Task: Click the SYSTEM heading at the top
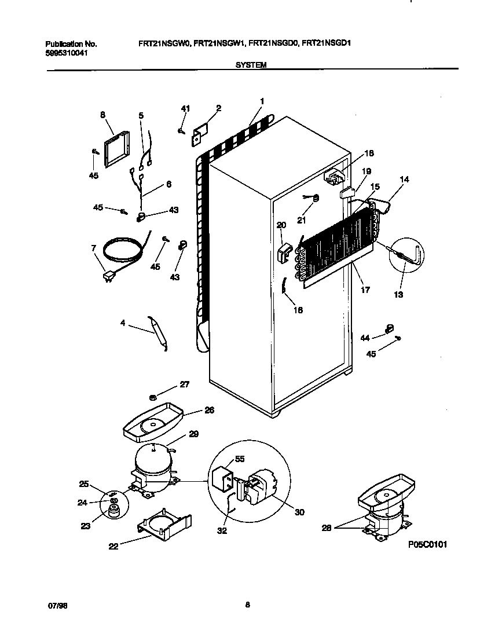click(251, 65)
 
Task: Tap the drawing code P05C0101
click(427, 544)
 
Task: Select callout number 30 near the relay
click(299, 512)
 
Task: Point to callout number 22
click(113, 546)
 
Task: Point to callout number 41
click(185, 109)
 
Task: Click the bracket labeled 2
click(200, 132)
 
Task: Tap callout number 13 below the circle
click(398, 294)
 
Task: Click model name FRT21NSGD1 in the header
click(328, 44)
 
